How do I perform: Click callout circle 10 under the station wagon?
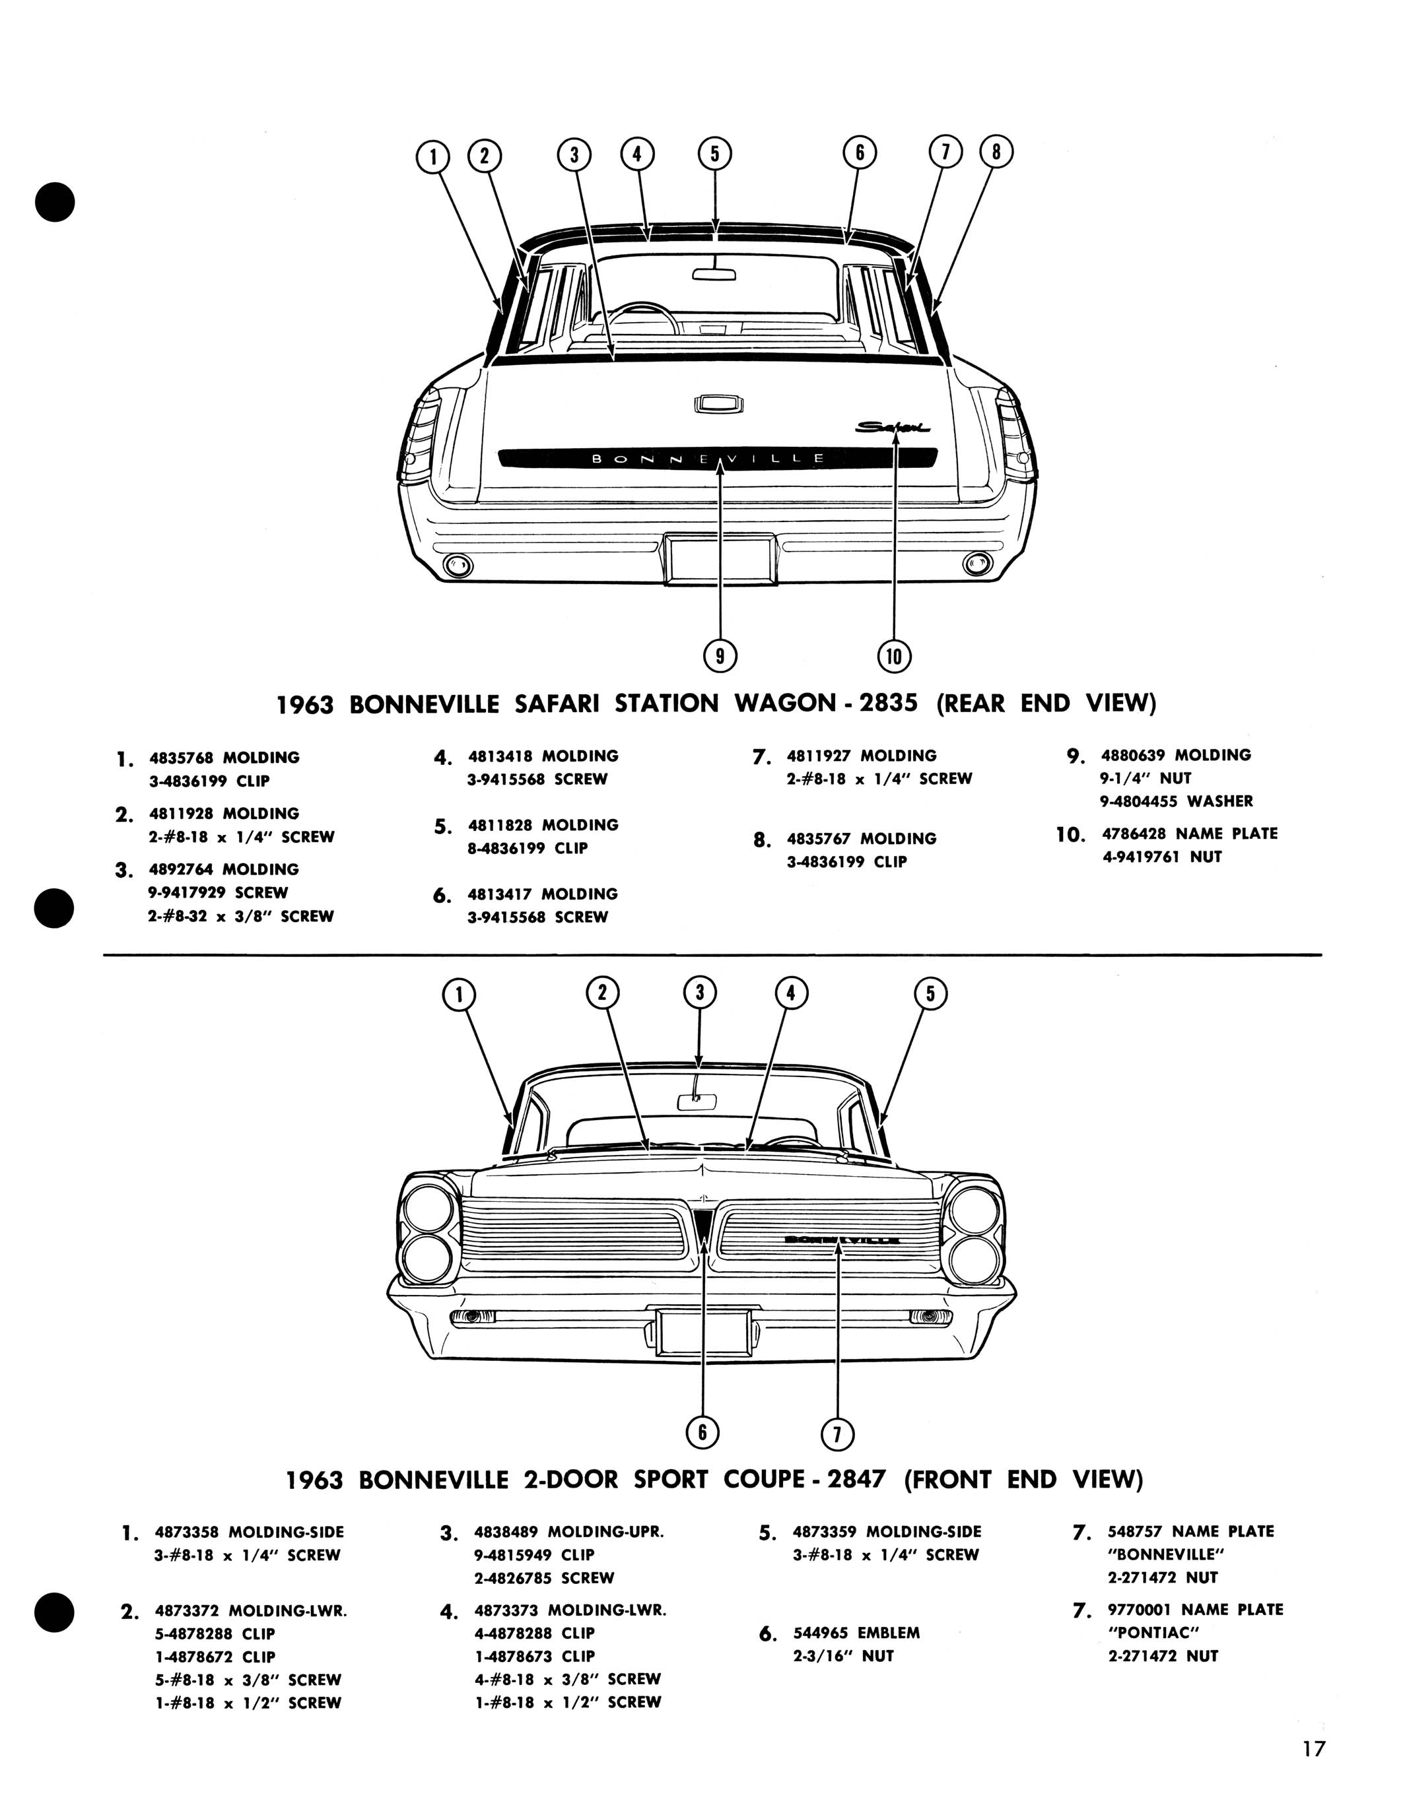click(x=895, y=657)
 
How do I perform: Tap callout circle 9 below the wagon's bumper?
click(x=720, y=657)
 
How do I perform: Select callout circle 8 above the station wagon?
click(x=996, y=152)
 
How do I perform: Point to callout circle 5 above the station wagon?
click(x=715, y=153)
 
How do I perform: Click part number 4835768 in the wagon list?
click(x=180, y=758)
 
